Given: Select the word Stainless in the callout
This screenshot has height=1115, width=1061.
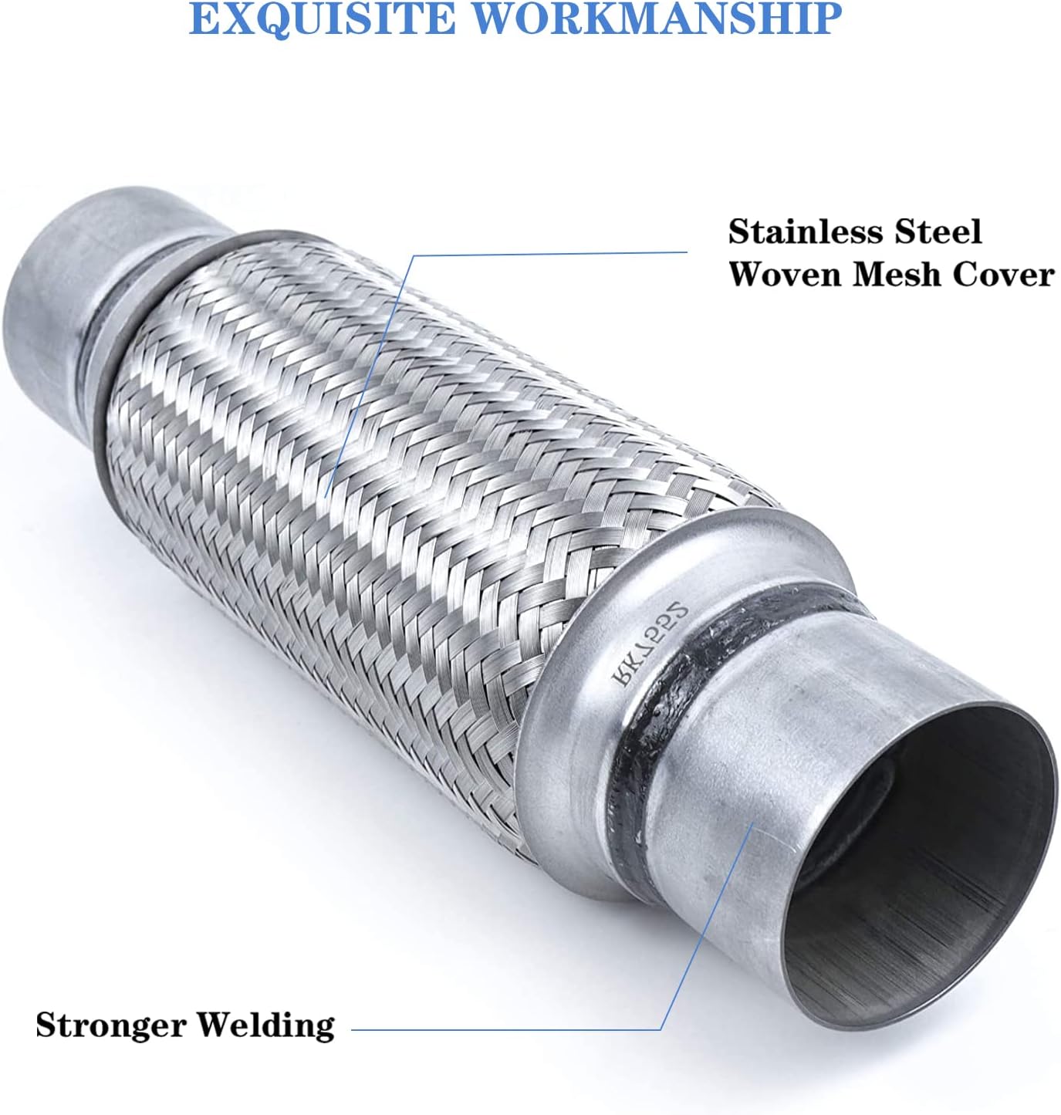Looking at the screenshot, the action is [x=804, y=231].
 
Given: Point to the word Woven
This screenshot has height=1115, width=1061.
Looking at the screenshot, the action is [x=783, y=274].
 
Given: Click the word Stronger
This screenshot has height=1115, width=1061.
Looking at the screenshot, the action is [x=110, y=1025].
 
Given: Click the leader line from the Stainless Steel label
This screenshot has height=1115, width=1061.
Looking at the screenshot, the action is [x=540, y=252].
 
